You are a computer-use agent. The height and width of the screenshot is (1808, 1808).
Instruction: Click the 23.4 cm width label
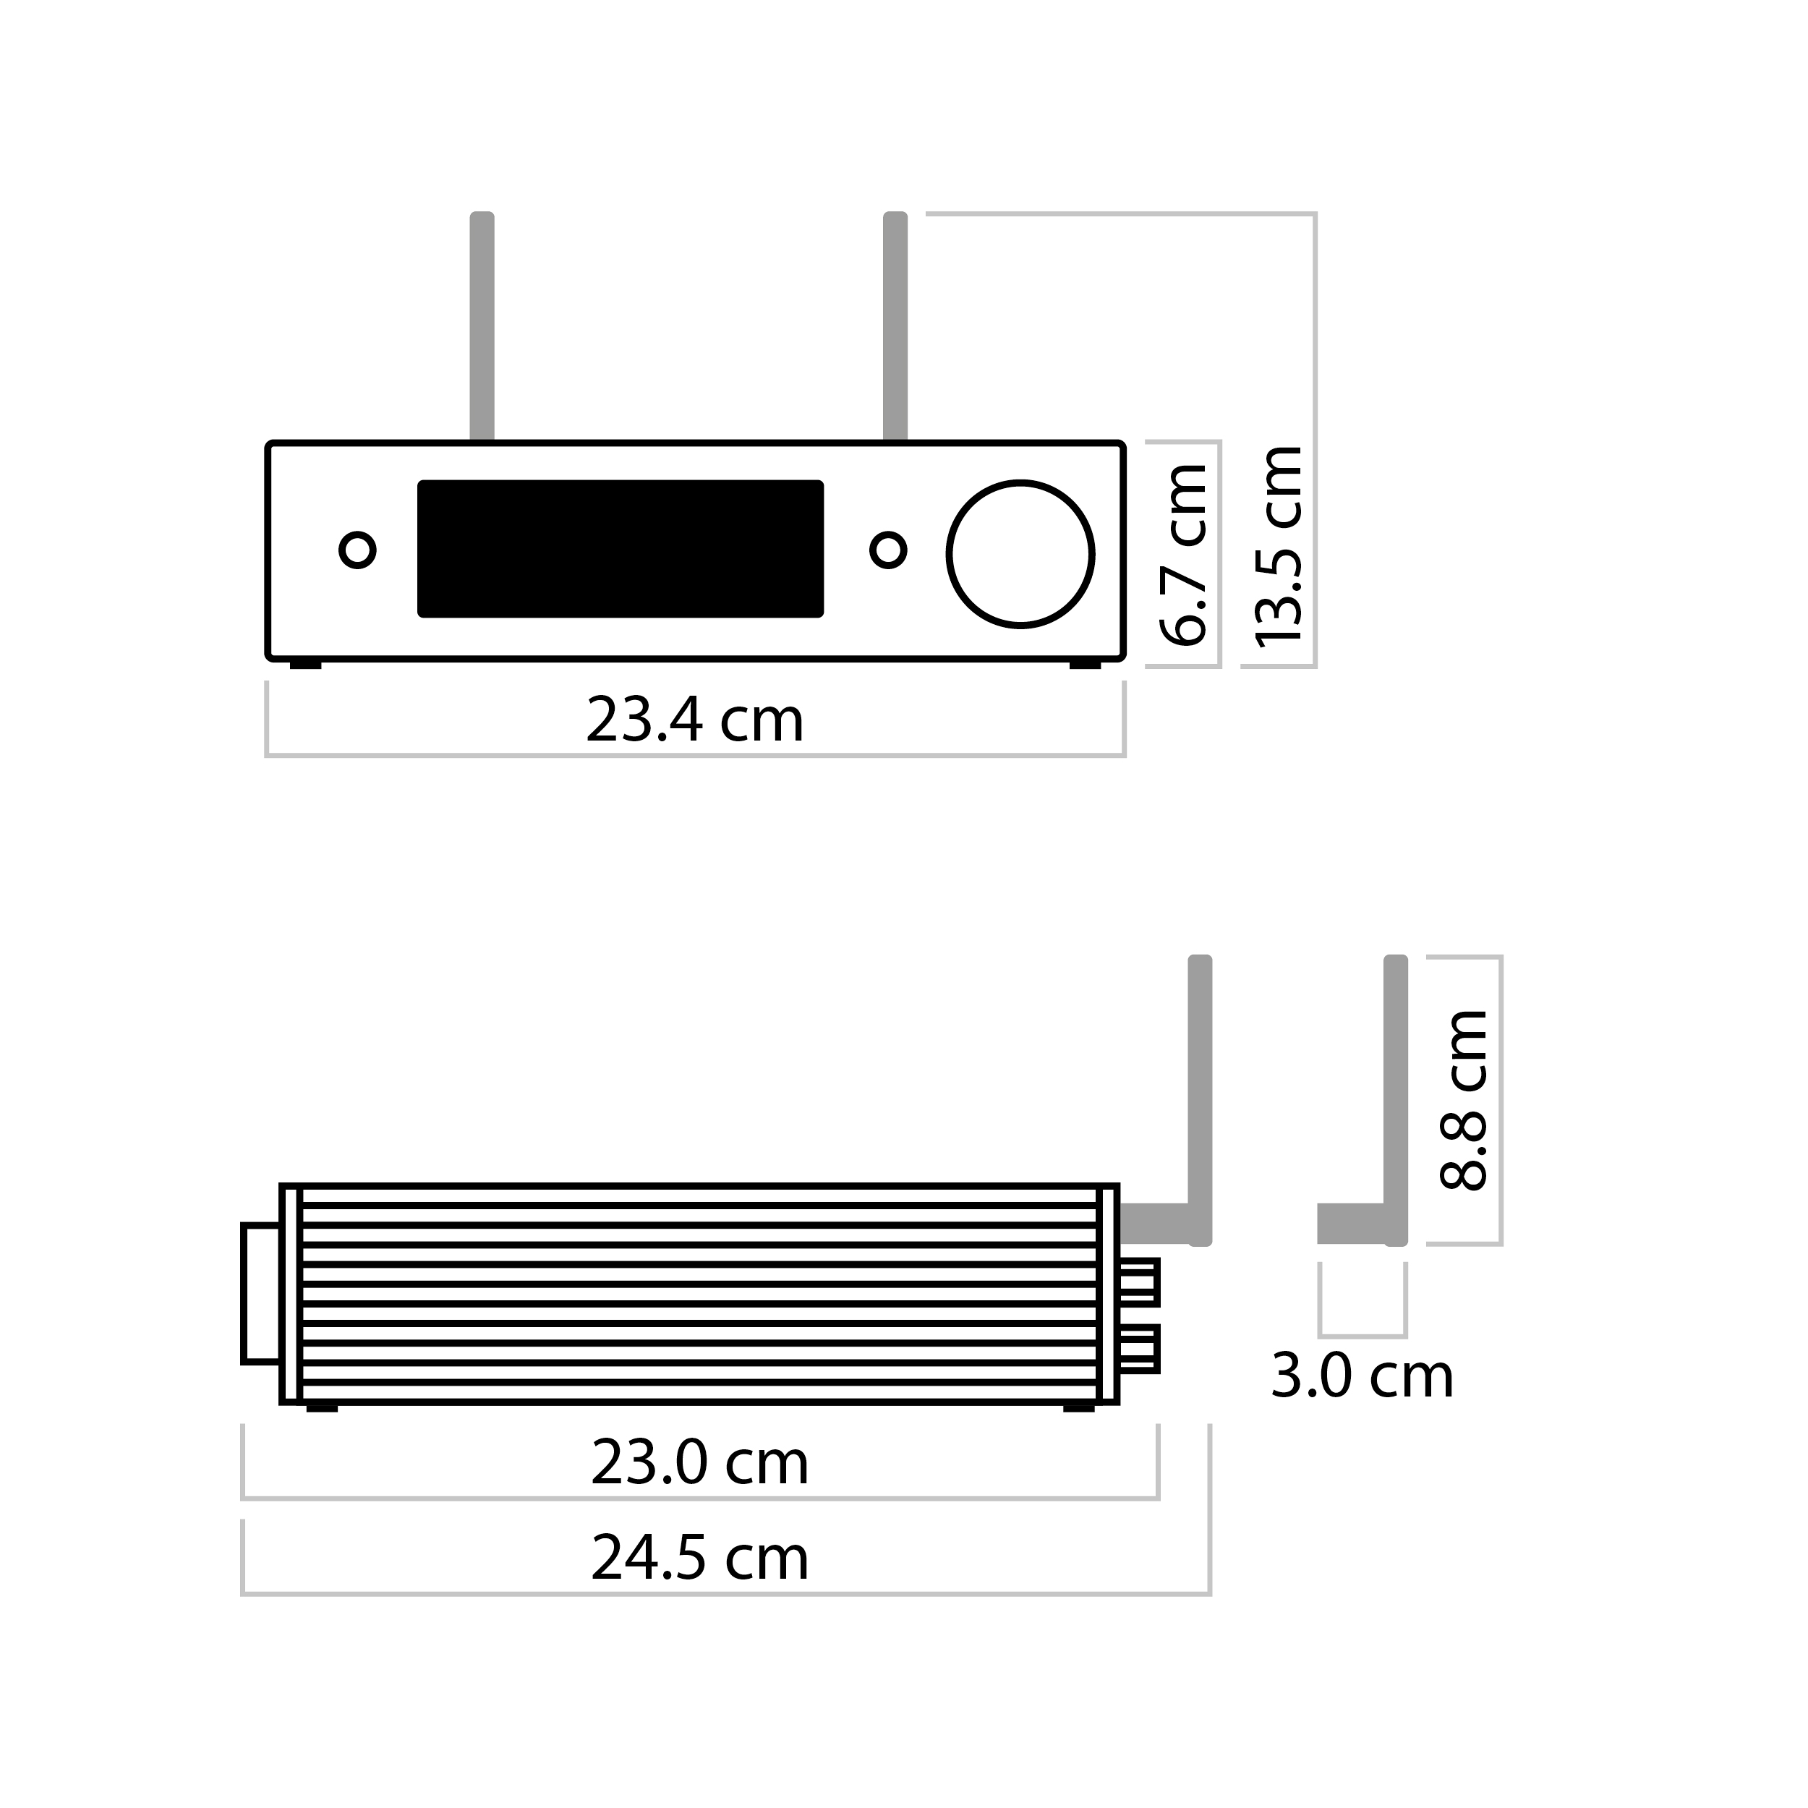(x=694, y=720)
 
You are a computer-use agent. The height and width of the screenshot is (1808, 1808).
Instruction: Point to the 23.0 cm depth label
(x=699, y=1463)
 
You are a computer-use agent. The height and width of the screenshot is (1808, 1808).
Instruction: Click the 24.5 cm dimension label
(x=699, y=1557)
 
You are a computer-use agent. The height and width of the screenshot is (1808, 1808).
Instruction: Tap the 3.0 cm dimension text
(x=1362, y=1376)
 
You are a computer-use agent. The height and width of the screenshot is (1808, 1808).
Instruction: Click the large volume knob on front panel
(x=1020, y=554)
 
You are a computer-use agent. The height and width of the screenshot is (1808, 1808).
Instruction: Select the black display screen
(x=621, y=550)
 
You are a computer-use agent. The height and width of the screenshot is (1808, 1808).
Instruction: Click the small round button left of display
(x=357, y=550)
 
